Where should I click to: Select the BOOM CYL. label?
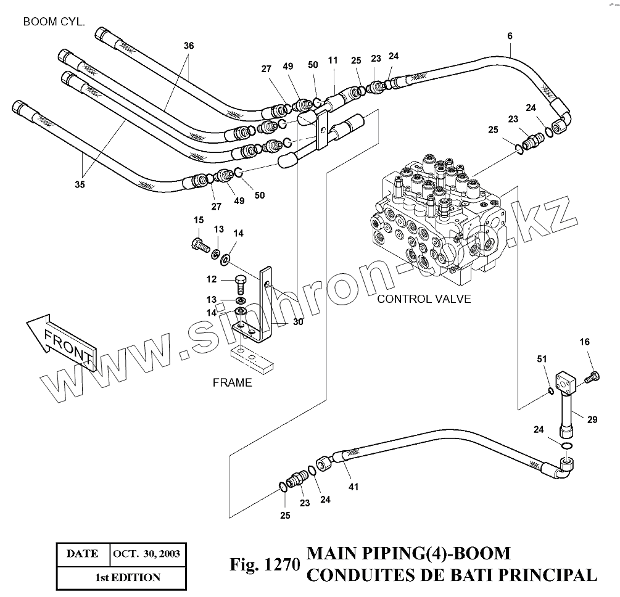pos(54,22)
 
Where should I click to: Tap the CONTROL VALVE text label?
pos(424,299)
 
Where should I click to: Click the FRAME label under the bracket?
pos(232,382)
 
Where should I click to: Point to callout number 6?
pos(510,36)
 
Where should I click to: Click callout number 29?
pos(592,419)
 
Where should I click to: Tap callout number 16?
pos(584,341)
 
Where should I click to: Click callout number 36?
pos(189,46)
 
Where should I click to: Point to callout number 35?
pos(80,184)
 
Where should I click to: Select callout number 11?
pos(333,60)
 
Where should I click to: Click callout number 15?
pos(199,220)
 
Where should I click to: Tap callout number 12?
pos(211,279)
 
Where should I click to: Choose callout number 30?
pos(298,321)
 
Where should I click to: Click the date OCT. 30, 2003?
pos(146,553)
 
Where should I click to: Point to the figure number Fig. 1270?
pos(264,564)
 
